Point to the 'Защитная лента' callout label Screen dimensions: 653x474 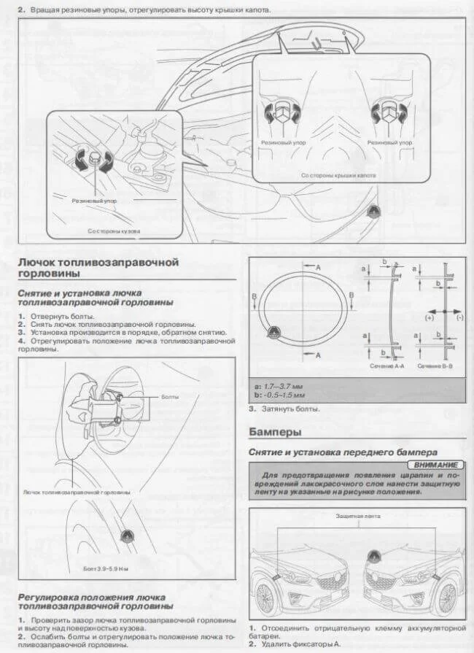(358, 515)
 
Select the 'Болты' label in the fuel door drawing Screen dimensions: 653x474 (170, 397)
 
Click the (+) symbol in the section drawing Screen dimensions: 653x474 (429, 318)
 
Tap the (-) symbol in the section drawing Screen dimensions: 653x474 (459, 318)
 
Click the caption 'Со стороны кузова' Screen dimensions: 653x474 (114, 231)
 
